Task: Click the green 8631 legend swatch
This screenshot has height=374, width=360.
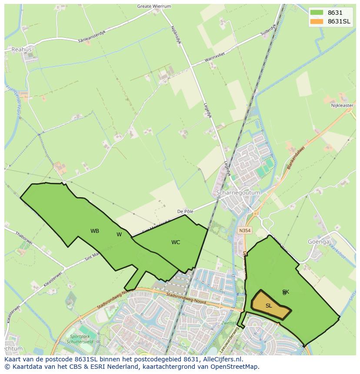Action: (316, 13)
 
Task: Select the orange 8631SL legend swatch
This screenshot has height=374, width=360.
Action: (316, 22)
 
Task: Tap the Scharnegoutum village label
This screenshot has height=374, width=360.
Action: (238, 192)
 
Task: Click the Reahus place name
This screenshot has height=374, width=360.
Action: (22, 50)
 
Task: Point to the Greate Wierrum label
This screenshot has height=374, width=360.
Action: (154, 7)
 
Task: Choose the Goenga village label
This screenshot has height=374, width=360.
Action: (319, 242)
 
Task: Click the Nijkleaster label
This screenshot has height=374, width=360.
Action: (342, 105)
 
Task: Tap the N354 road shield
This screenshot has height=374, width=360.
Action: (245, 231)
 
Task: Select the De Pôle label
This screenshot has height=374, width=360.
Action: (185, 211)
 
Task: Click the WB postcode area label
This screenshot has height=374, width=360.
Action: (95, 231)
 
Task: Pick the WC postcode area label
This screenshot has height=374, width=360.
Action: (176, 242)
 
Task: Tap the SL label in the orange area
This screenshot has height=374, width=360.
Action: (269, 306)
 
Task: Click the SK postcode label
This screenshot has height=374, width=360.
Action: (286, 292)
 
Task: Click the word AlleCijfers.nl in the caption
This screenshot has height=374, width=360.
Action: (221, 360)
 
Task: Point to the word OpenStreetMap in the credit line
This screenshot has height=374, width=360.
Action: (236, 367)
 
